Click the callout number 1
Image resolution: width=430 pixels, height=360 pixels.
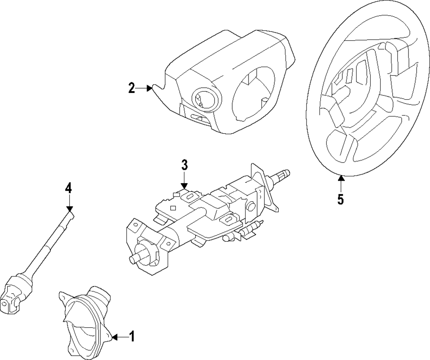coord(132,336)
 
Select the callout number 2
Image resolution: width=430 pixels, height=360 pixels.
coord(132,88)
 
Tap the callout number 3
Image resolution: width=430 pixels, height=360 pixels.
coord(184,165)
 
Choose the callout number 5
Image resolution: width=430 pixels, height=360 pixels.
coord(340,199)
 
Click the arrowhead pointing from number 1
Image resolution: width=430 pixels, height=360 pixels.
coord(115,337)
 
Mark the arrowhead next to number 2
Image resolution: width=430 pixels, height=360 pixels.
coord(150,88)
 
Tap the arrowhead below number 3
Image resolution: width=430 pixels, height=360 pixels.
coord(184,186)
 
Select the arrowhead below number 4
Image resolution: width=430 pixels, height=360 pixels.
coord(70,209)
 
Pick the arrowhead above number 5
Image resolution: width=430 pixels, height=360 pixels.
coord(341,178)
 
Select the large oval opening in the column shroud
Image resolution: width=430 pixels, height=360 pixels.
coord(252,93)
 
